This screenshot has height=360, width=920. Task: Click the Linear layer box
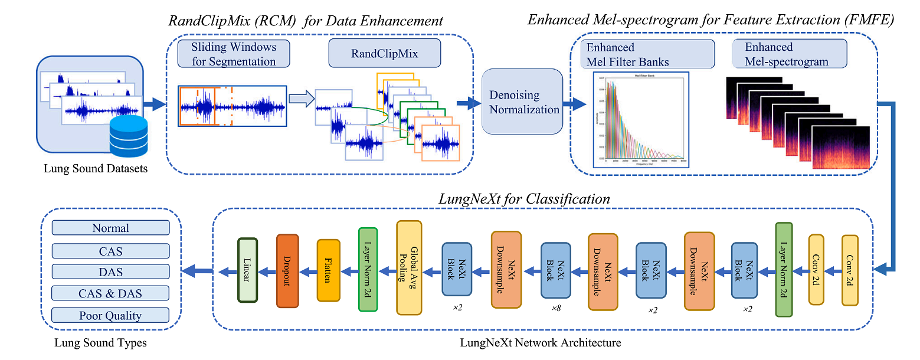(x=247, y=270)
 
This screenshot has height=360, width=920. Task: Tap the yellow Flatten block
(x=328, y=270)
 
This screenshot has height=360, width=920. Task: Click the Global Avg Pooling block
(x=409, y=267)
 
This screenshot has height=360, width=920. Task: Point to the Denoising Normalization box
(x=522, y=101)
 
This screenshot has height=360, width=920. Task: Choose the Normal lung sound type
(x=110, y=228)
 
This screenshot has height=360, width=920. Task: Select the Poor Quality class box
(x=110, y=315)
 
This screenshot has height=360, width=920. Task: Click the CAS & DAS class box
(x=110, y=293)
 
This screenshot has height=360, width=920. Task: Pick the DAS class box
(x=110, y=271)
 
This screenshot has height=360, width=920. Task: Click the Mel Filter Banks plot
(x=640, y=119)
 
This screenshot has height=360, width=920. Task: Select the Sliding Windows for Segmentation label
(x=234, y=54)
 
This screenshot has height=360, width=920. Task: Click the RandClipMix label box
(x=384, y=54)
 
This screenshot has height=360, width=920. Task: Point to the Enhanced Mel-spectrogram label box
(x=790, y=54)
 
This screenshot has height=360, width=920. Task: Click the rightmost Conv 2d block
(x=850, y=270)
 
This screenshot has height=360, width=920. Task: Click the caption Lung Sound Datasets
(x=95, y=169)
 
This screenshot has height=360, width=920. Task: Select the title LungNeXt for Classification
(x=523, y=199)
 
